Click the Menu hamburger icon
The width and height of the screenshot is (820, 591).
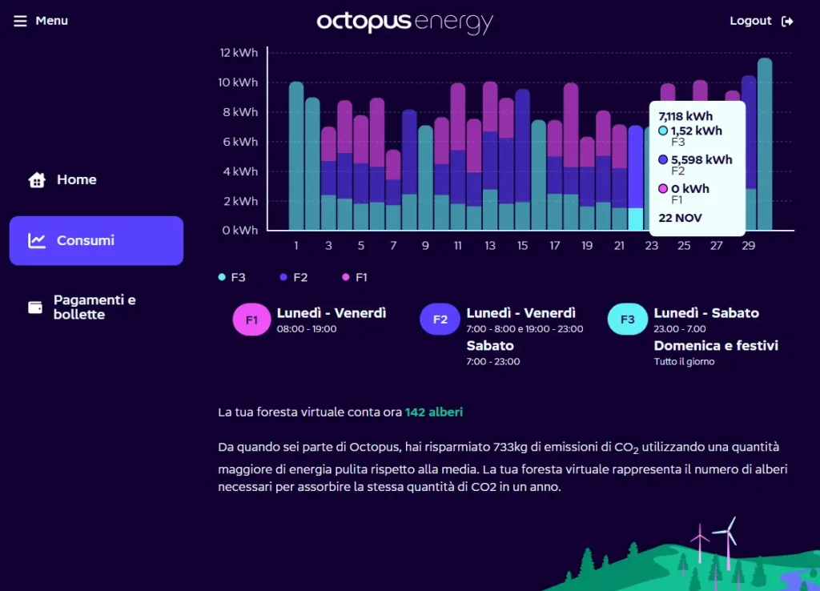[x=20, y=21]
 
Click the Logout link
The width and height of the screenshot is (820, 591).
[x=761, y=21]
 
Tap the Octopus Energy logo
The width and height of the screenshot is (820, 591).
[x=404, y=22]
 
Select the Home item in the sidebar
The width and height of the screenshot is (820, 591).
[x=76, y=180]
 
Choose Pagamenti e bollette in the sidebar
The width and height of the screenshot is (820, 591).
[x=94, y=307]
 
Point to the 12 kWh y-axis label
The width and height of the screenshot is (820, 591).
[x=239, y=53]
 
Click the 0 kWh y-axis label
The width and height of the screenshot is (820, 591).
[x=240, y=231]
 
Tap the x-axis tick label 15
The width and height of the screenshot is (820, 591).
[x=522, y=246]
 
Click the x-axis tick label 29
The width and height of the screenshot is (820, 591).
[x=748, y=246]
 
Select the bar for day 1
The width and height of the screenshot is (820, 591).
[x=296, y=156]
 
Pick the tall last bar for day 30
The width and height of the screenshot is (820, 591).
[x=765, y=144]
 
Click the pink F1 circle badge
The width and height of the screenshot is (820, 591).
[x=252, y=320]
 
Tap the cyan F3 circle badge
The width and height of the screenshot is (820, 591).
[x=628, y=320]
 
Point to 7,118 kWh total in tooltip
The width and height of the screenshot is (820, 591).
[x=685, y=116]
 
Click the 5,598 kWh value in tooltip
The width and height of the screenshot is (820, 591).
[x=701, y=159]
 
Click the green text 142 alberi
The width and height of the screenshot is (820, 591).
[x=434, y=412]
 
